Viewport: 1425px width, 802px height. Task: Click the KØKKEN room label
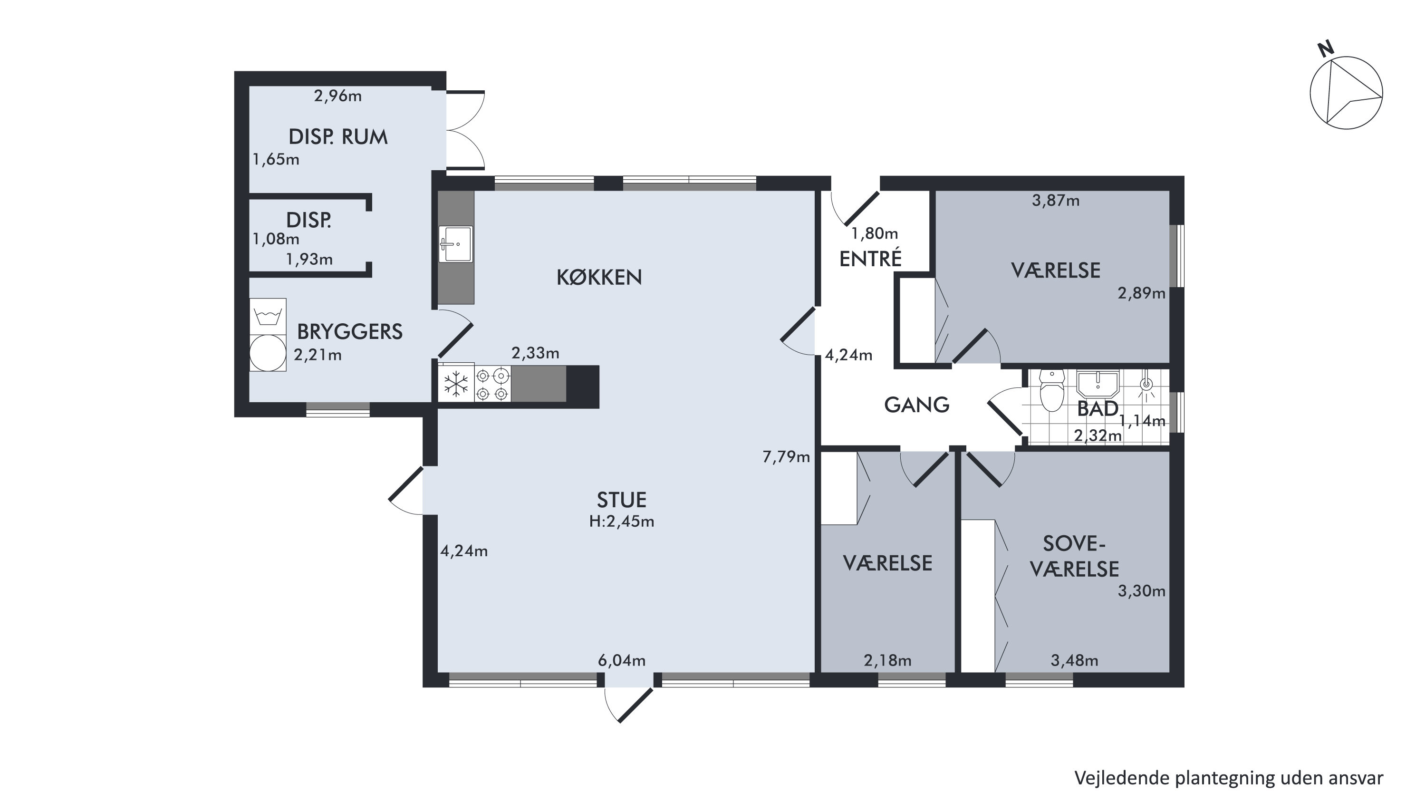599,277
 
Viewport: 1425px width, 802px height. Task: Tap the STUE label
621,500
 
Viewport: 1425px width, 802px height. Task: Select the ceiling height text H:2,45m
621,522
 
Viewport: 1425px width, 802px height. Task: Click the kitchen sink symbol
455,244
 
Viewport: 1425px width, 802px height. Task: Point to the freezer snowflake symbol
456,384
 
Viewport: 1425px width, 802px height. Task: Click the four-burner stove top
492,384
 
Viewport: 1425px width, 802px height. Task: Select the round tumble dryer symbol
268,353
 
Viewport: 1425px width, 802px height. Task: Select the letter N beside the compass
1326,49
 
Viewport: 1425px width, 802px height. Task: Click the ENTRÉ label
870,259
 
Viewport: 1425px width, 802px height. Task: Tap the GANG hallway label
916,406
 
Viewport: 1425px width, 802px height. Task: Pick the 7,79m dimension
786,457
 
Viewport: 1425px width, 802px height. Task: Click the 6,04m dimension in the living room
621,660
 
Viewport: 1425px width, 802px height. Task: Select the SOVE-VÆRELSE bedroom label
1074,556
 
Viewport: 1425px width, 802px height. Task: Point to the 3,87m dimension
1056,201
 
